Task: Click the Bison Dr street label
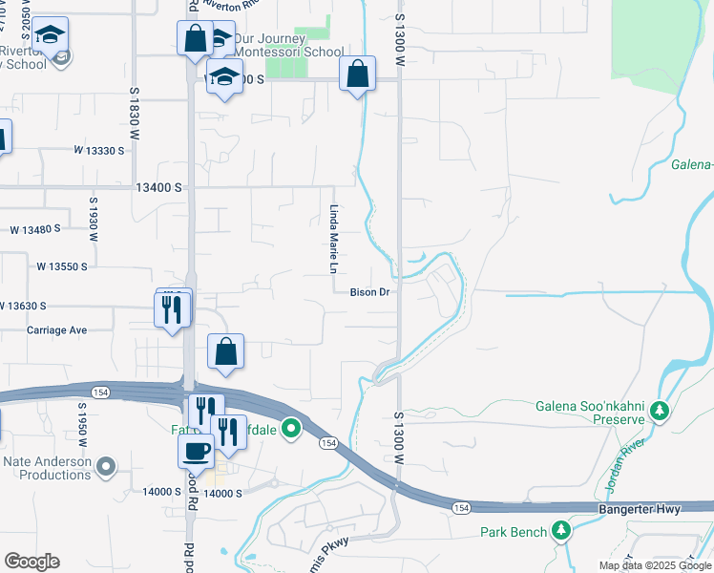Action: pos(369,292)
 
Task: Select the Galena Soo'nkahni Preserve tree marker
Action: pos(659,412)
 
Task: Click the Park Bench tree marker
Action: pos(562,531)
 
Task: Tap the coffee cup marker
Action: pos(197,450)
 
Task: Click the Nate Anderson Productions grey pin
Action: pos(107,467)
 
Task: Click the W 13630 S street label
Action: pos(41,306)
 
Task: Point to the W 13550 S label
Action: pos(62,266)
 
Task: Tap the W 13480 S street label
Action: pos(35,229)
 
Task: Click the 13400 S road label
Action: pos(158,188)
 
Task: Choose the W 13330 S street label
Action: pos(99,150)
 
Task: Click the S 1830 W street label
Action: pos(135,117)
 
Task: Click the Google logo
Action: pos(31,562)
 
